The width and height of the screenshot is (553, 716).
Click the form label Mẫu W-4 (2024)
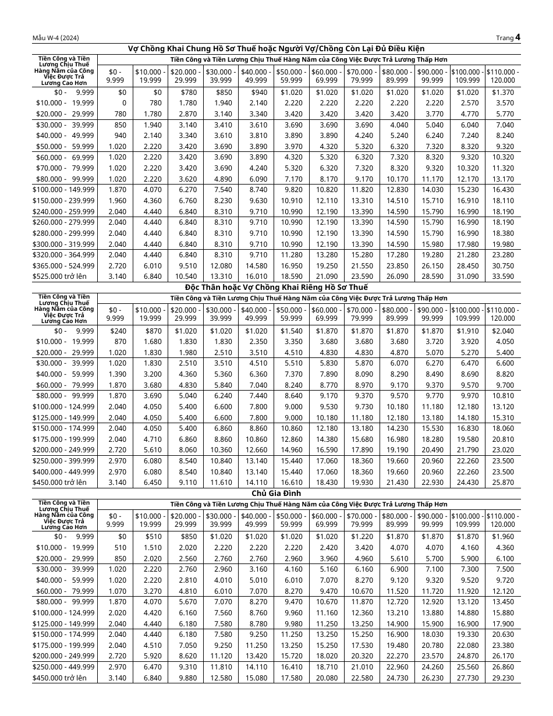pyautogui.click(x=56, y=38)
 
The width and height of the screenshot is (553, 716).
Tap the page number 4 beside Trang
pyautogui.click(x=517, y=37)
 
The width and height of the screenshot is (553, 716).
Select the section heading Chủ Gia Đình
pyautogui.click(x=276, y=493)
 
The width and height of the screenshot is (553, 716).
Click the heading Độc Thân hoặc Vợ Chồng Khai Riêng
pyautogui.click(x=276, y=287)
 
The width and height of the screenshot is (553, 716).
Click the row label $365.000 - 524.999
pyautogui.click(x=64, y=265)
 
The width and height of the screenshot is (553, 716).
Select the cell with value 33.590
pyautogui.click(x=504, y=277)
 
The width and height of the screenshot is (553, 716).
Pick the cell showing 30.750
pyautogui.click(x=504, y=265)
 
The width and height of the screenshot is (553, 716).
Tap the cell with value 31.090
pyautogui.click(x=468, y=277)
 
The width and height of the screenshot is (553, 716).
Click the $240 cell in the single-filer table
pyautogui.click(x=118, y=331)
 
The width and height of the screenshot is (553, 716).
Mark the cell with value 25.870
pyautogui.click(x=504, y=483)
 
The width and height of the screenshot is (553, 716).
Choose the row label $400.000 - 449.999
pyautogui.click(x=64, y=472)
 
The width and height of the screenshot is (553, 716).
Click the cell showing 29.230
pyautogui.click(x=504, y=678)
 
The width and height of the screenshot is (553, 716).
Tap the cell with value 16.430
pyautogui.click(x=504, y=190)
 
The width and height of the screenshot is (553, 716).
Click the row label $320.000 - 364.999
pyautogui.click(x=64, y=254)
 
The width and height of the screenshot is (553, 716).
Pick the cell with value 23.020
pyautogui.click(x=504, y=450)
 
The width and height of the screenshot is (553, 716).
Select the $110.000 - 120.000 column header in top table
pyautogui.click(x=503, y=76)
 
